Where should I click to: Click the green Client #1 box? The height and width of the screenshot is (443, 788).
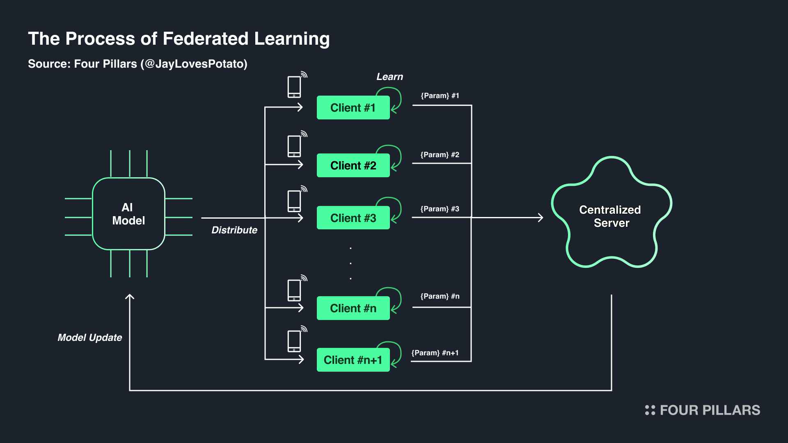pyautogui.click(x=353, y=107)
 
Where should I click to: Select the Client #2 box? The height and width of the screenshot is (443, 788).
pyautogui.click(x=353, y=165)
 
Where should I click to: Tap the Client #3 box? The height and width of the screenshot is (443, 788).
pyautogui.click(x=353, y=217)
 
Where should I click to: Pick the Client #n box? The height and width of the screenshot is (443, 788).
pyautogui.click(x=353, y=308)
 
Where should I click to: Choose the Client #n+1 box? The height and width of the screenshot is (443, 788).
pyautogui.click(x=353, y=360)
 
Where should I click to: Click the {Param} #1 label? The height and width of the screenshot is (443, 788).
pyautogui.click(x=440, y=96)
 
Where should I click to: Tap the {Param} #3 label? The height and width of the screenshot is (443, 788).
pyautogui.click(x=440, y=209)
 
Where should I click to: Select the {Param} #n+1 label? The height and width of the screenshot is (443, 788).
pyautogui.click(x=435, y=353)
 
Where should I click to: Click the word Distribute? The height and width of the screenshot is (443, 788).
pyautogui.click(x=234, y=230)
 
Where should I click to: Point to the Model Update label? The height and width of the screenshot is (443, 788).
pyautogui.click(x=90, y=338)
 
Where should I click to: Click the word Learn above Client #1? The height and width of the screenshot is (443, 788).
pyautogui.click(x=390, y=77)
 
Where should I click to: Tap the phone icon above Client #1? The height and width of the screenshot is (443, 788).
pyautogui.click(x=294, y=87)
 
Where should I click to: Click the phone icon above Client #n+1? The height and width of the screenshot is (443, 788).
pyautogui.click(x=294, y=341)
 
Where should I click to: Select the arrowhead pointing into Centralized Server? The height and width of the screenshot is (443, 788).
pyautogui.click(x=541, y=217)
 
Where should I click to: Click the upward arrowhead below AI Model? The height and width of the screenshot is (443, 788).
pyautogui.click(x=130, y=297)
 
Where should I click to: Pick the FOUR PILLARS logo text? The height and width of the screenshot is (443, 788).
pyautogui.click(x=710, y=410)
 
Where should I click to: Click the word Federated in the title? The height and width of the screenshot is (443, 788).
pyautogui.click(x=206, y=39)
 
